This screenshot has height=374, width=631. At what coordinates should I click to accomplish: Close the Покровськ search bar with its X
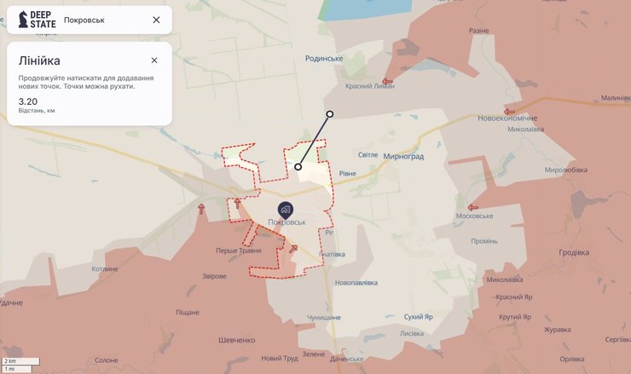tap(156, 20)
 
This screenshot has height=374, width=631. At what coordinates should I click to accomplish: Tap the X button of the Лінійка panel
tap(154, 60)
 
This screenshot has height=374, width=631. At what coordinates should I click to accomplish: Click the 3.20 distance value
tap(28, 101)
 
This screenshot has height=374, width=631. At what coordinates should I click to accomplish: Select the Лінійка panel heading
tap(39, 61)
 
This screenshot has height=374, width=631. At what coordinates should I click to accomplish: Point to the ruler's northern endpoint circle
tap(330, 113)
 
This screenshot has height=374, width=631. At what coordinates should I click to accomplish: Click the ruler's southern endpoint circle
tap(298, 167)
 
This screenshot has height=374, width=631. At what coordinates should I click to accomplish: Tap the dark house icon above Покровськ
tap(285, 209)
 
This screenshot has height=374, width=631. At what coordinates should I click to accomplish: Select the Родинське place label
tap(324, 58)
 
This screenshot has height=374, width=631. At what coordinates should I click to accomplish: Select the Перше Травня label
tap(238, 251)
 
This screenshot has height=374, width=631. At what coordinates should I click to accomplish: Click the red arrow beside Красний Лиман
tap(411, 83)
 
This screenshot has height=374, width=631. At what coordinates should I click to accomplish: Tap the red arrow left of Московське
tap(473, 207)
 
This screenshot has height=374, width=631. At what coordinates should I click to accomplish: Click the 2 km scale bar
tap(17, 362)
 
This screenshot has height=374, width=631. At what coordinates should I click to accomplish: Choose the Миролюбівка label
tap(566, 170)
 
